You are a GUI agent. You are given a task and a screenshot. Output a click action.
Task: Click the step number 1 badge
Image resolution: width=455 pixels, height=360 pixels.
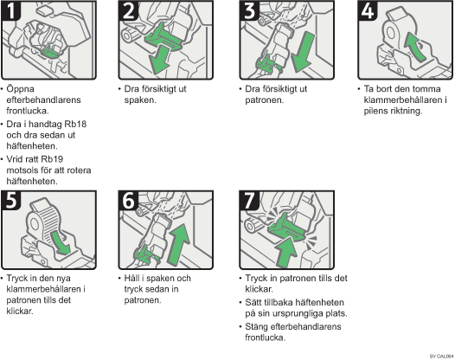click(10, 10)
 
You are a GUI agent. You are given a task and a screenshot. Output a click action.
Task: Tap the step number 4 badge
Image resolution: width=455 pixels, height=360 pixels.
click(367, 10)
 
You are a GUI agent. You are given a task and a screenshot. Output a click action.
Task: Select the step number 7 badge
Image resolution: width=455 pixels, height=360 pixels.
click(249, 200)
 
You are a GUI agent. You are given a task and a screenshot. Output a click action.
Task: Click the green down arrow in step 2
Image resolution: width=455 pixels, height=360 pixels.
click(159, 60)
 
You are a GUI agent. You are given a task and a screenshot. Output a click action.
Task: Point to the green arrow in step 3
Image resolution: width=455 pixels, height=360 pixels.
click(303, 52)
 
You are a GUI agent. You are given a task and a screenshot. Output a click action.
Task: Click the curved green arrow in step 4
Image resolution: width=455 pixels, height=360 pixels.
click(414, 47)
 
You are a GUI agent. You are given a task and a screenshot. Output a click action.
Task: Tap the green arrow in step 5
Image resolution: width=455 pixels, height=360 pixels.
click(60, 242)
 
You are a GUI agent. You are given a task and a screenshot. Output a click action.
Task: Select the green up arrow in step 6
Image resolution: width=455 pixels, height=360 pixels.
click(178, 244)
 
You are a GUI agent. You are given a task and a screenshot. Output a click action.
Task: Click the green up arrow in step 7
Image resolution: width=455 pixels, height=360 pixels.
click(286, 252)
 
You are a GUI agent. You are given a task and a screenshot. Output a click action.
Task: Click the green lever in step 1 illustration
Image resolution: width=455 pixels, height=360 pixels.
click(49, 51)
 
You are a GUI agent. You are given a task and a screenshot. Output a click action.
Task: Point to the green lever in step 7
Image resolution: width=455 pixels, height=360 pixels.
click(285, 228)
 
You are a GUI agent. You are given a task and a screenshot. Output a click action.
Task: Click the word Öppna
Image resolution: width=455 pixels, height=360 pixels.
click(20, 89)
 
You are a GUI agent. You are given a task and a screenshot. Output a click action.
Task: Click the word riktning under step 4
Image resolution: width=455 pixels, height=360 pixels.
click(407, 111)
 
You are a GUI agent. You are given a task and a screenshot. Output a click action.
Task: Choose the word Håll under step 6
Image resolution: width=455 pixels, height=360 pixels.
click(132, 278)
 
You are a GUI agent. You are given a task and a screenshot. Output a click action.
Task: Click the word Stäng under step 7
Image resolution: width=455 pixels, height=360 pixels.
click(256, 327)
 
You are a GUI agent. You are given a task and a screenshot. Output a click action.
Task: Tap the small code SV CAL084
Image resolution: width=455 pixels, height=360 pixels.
click(441, 356)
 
